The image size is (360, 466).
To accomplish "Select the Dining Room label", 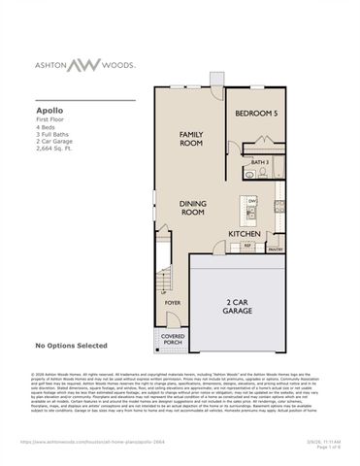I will (193, 208).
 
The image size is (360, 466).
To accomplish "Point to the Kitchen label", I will (243, 233).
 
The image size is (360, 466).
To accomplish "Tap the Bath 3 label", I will (259, 162).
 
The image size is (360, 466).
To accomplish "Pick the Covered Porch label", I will (173, 341).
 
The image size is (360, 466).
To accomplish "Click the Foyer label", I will (173, 303).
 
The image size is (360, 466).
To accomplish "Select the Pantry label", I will (276, 249).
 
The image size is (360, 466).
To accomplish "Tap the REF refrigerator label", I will (247, 245).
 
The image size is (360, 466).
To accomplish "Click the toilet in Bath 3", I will (248, 176).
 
